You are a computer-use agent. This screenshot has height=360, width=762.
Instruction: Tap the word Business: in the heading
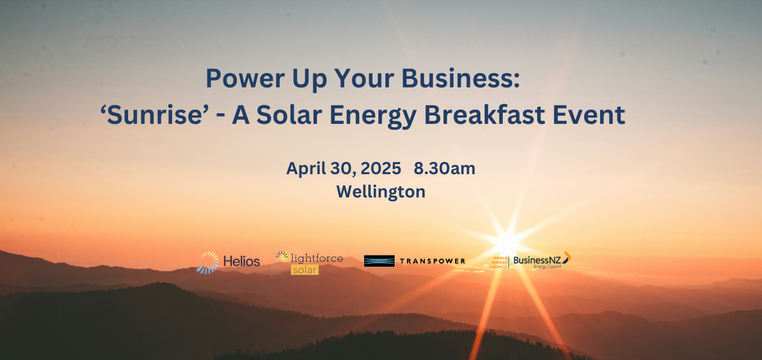[x=460, y=78]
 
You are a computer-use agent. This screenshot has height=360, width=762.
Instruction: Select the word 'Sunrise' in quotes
[x=155, y=115]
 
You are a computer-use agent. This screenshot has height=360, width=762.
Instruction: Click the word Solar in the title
[x=289, y=115]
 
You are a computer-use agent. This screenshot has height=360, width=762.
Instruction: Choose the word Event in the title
[x=589, y=115]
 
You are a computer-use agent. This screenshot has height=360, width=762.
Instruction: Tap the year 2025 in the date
[x=380, y=168]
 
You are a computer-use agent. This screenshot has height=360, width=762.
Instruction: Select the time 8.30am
[x=444, y=168]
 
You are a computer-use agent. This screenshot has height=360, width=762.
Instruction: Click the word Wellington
[x=380, y=192]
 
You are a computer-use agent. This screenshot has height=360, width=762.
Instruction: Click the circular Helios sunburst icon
[x=207, y=263]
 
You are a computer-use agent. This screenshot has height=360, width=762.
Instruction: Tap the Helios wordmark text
[x=241, y=262]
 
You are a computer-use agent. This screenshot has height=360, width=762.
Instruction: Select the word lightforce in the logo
[x=316, y=258]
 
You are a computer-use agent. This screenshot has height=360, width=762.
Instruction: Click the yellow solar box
[x=304, y=270]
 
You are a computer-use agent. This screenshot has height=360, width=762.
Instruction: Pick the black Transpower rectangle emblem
[x=379, y=261]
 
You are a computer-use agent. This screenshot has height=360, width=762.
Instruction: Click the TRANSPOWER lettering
[x=432, y=261]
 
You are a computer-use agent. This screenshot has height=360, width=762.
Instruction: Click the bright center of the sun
[x=507, y=242]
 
